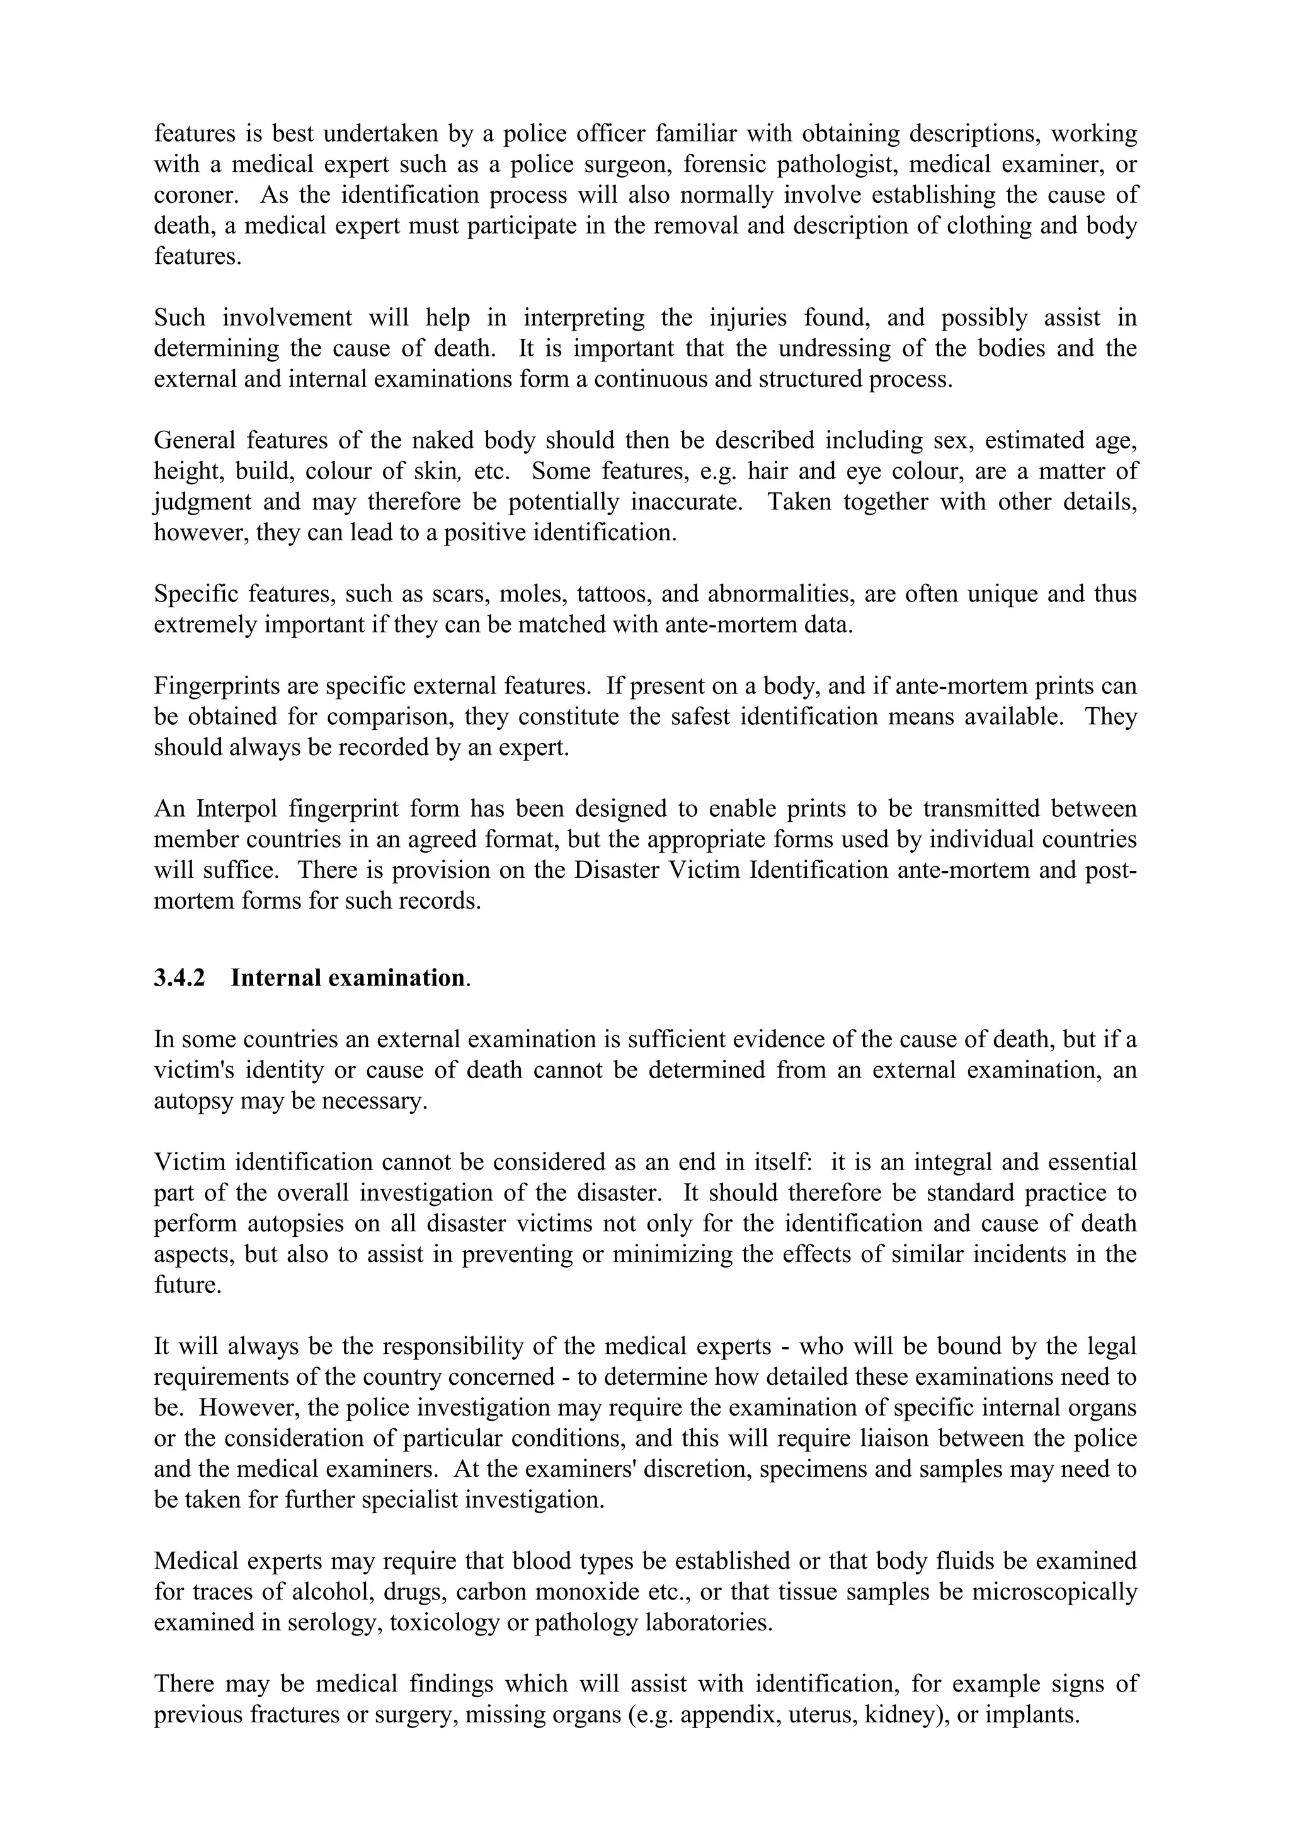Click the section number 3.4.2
click(x=179, y=977)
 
